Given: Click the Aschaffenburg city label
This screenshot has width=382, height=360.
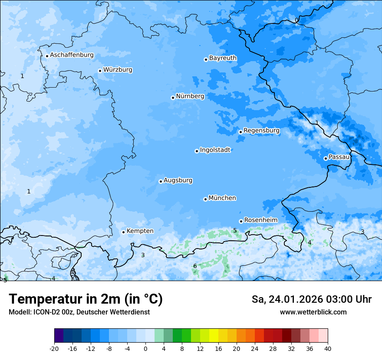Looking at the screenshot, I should point(72,55).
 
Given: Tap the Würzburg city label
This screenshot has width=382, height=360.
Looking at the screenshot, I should point(118,70).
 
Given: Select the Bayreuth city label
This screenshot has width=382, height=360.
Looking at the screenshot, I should point(223,58).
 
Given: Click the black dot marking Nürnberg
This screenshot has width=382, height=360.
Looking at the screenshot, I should point(173,98).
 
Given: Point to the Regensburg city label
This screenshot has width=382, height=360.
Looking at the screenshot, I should point(261,131).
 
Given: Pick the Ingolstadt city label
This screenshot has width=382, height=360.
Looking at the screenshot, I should point(215,150).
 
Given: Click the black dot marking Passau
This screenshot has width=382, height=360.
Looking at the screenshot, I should point(326,158).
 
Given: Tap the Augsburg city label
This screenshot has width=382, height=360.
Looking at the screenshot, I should point(178,180).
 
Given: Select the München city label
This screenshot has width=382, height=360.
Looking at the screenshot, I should point(222,198).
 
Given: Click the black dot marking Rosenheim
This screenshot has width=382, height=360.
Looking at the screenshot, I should point(241,221).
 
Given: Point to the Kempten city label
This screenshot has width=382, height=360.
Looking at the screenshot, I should point(140,231).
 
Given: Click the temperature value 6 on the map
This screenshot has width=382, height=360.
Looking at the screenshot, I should point(195,266).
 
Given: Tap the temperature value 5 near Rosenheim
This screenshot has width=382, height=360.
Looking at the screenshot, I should point(235,230).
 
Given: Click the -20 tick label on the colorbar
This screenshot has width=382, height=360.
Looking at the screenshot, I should point(54,349).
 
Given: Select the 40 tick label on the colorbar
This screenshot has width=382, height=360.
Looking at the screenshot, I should point(327,349).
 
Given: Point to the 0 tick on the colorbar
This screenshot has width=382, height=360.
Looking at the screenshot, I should point(145,349).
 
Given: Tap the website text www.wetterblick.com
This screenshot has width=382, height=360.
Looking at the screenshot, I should point(313,312).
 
